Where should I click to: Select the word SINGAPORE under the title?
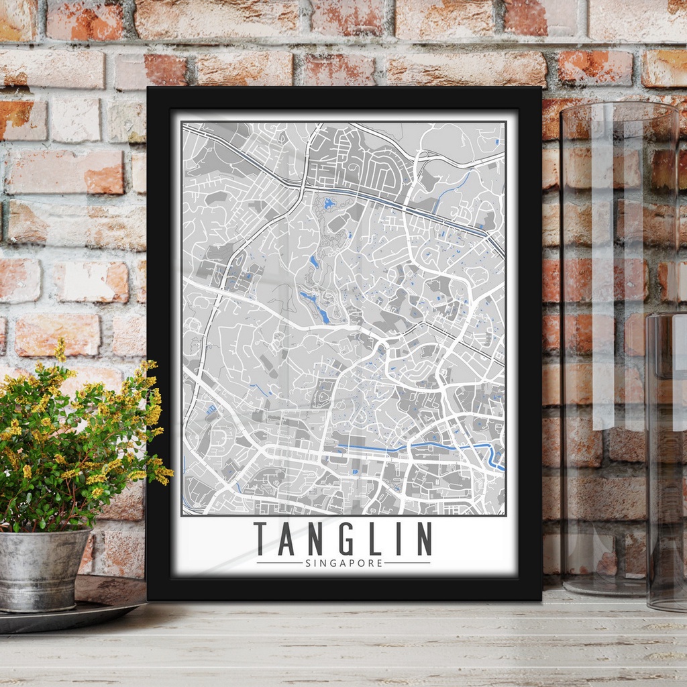tap(343, 563)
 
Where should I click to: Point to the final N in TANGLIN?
tap(423, 539)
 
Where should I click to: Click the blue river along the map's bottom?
tap(416, 446)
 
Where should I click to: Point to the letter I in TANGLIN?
tap(397, 539)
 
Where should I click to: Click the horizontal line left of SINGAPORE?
tap(278, 563)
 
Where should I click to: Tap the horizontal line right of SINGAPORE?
tap(407, 563)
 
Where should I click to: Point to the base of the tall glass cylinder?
tap(604, 587)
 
